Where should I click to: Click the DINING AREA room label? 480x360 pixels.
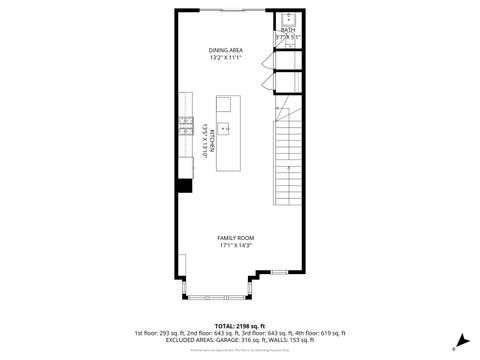[226, 49]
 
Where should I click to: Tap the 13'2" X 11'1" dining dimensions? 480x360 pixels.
[226, 57]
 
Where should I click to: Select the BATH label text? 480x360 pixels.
[288, 30]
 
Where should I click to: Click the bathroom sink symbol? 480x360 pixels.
[287, 18]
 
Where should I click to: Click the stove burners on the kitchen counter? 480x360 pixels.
[186, 125]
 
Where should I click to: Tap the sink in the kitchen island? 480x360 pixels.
[226, 127]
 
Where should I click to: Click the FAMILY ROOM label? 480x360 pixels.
[237, 237]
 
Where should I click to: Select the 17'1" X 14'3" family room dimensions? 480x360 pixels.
[237, 245]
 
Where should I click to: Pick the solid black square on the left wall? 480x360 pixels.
[184, 185]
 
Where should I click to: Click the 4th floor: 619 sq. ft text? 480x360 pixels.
[319, 332]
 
